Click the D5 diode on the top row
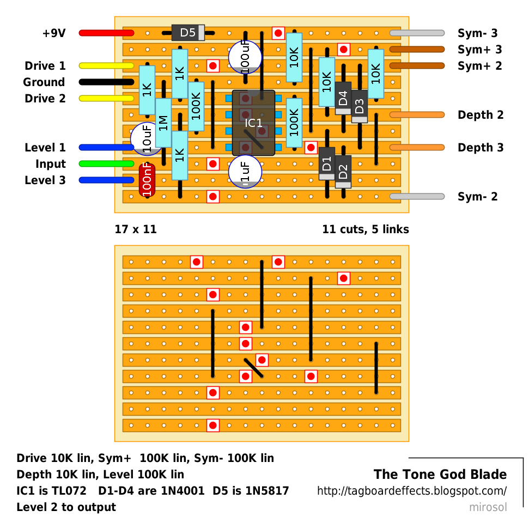[188, 33]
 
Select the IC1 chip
[253, 123]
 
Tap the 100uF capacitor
[245, 57]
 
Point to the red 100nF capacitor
[147, 180]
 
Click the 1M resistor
[163, 123]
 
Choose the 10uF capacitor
[147, 139]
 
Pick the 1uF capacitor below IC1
[245, 172]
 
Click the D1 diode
[326, 163]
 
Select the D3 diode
[360, 106]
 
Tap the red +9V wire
[106, 33]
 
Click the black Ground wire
[106, 82]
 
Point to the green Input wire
[106, 163]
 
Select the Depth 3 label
[481, 148]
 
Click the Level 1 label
[45, 148]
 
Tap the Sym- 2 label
[477, 196]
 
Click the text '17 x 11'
[136, 229]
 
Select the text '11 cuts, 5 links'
[366, 229]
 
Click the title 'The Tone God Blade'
[440, 475]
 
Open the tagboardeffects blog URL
[411, 491]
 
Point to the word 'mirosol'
[488, 507]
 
